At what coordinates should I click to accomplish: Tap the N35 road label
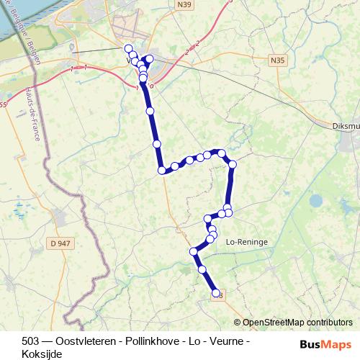pyautogui.click(x=278, y=61)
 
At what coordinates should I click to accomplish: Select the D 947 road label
pyautogui.click(x=62, y=243)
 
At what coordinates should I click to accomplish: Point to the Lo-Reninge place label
pyautogui.click(x=247, y=243)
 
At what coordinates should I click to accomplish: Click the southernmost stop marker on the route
pyautogui.click(x=215, y=293)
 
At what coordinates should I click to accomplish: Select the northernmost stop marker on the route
pyautogui.click(x=129, y=49)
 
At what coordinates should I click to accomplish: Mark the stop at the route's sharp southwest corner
pyautogui.click(x=162, y=171)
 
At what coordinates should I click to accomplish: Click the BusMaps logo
pyautogui.click(x=325, y=343)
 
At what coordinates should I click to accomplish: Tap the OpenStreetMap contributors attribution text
pyautogui.click(x=297, y=323)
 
